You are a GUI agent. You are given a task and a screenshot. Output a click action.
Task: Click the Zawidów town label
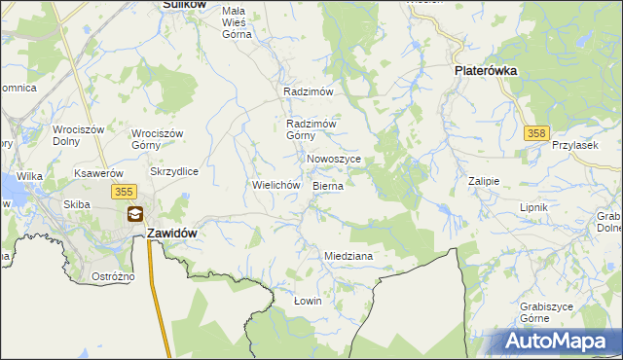[x=173, y=234]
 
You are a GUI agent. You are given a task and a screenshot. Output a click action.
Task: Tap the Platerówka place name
[x=485, y=71]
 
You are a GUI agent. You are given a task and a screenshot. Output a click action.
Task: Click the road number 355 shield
[x=124, y=193]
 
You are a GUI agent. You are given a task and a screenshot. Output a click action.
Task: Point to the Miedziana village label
[x=348, y=256]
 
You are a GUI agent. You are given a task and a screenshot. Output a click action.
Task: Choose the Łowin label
[x=308, y=301]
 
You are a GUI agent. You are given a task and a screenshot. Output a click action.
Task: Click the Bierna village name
[x=328, y=184]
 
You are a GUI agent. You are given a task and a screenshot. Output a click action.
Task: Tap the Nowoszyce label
[x=334, y=159]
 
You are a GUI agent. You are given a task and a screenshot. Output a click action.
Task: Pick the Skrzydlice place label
[x=174, y=171]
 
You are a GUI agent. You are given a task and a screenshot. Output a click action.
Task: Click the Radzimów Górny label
[x=311, y=129]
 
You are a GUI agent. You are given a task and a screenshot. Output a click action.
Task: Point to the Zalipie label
[x=484, y=181]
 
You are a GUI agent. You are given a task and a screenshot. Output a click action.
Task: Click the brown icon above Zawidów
[x=135, y=214]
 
